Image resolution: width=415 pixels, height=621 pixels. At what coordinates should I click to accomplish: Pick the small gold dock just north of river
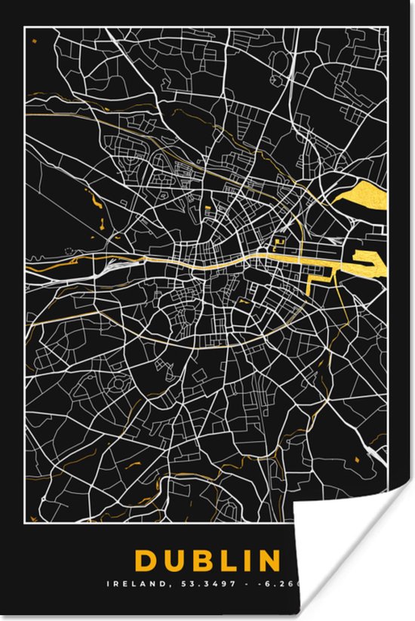[278, 242]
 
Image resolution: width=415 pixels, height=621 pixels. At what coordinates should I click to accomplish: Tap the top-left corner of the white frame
[25, 27]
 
